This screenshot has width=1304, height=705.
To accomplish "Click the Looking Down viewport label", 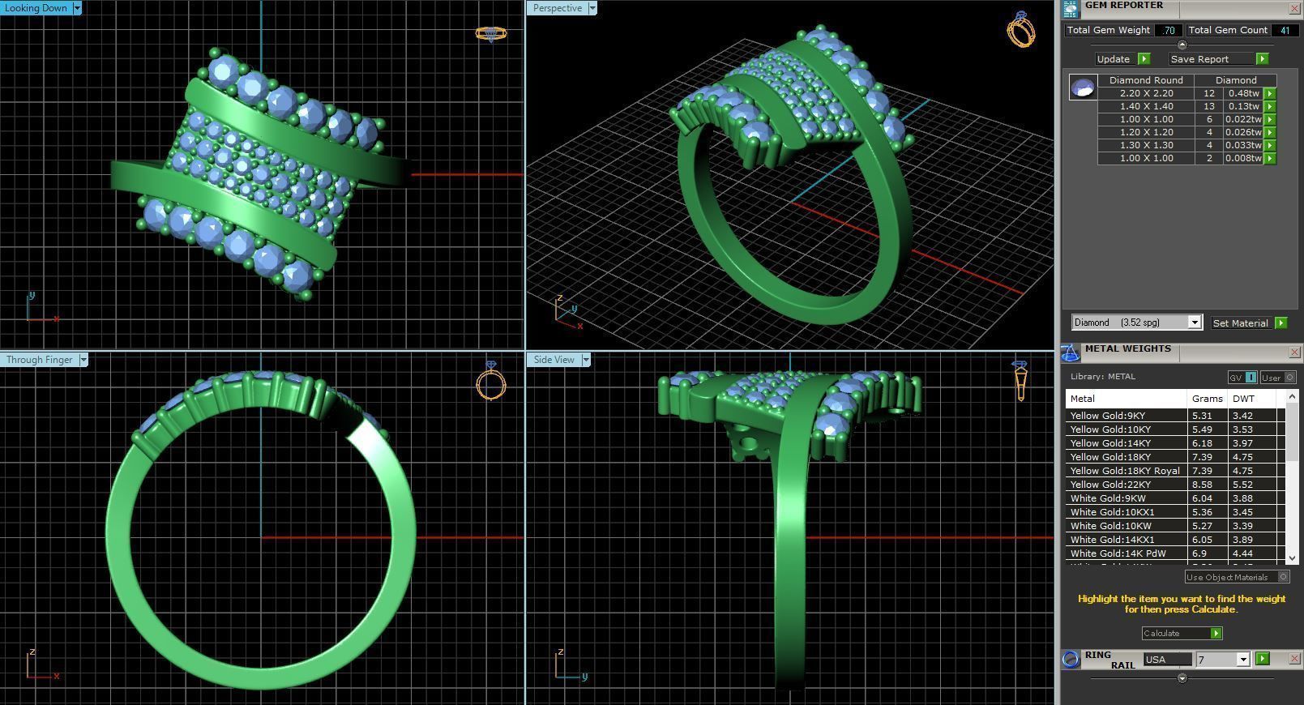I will [x=36, y=8].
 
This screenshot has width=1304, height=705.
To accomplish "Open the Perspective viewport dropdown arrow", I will [x=592, y=8].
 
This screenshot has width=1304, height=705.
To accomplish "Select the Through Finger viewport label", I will [x=39, y=360].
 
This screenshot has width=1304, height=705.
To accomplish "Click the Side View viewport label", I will [x=554, y=360].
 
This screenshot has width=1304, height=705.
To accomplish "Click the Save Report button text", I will [x=1199, y=59].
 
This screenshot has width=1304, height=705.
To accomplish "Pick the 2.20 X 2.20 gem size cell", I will [x=1146, y=93].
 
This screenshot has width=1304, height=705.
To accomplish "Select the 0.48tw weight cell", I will [x=1243, y=93].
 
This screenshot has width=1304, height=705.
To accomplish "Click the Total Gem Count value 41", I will [x=1284, y=30].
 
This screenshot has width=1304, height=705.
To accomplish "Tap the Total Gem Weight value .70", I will [x=1168, y=30].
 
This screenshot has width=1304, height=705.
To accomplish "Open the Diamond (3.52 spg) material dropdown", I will [x=1194, y=323].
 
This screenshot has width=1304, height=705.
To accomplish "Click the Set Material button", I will [x=1240, y=323].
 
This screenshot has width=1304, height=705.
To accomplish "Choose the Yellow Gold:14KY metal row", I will [x=1110, y=443].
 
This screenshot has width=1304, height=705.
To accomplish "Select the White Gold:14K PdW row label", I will [x=1118, y=553].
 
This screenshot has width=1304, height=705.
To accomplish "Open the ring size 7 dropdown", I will [x=1242, y=660].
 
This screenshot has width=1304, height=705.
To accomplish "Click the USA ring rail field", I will [x=1167, y=660].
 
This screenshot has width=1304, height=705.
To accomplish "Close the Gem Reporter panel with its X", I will [x=1294, y=8].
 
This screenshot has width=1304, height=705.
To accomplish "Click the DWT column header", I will [x=1243, y=399].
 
